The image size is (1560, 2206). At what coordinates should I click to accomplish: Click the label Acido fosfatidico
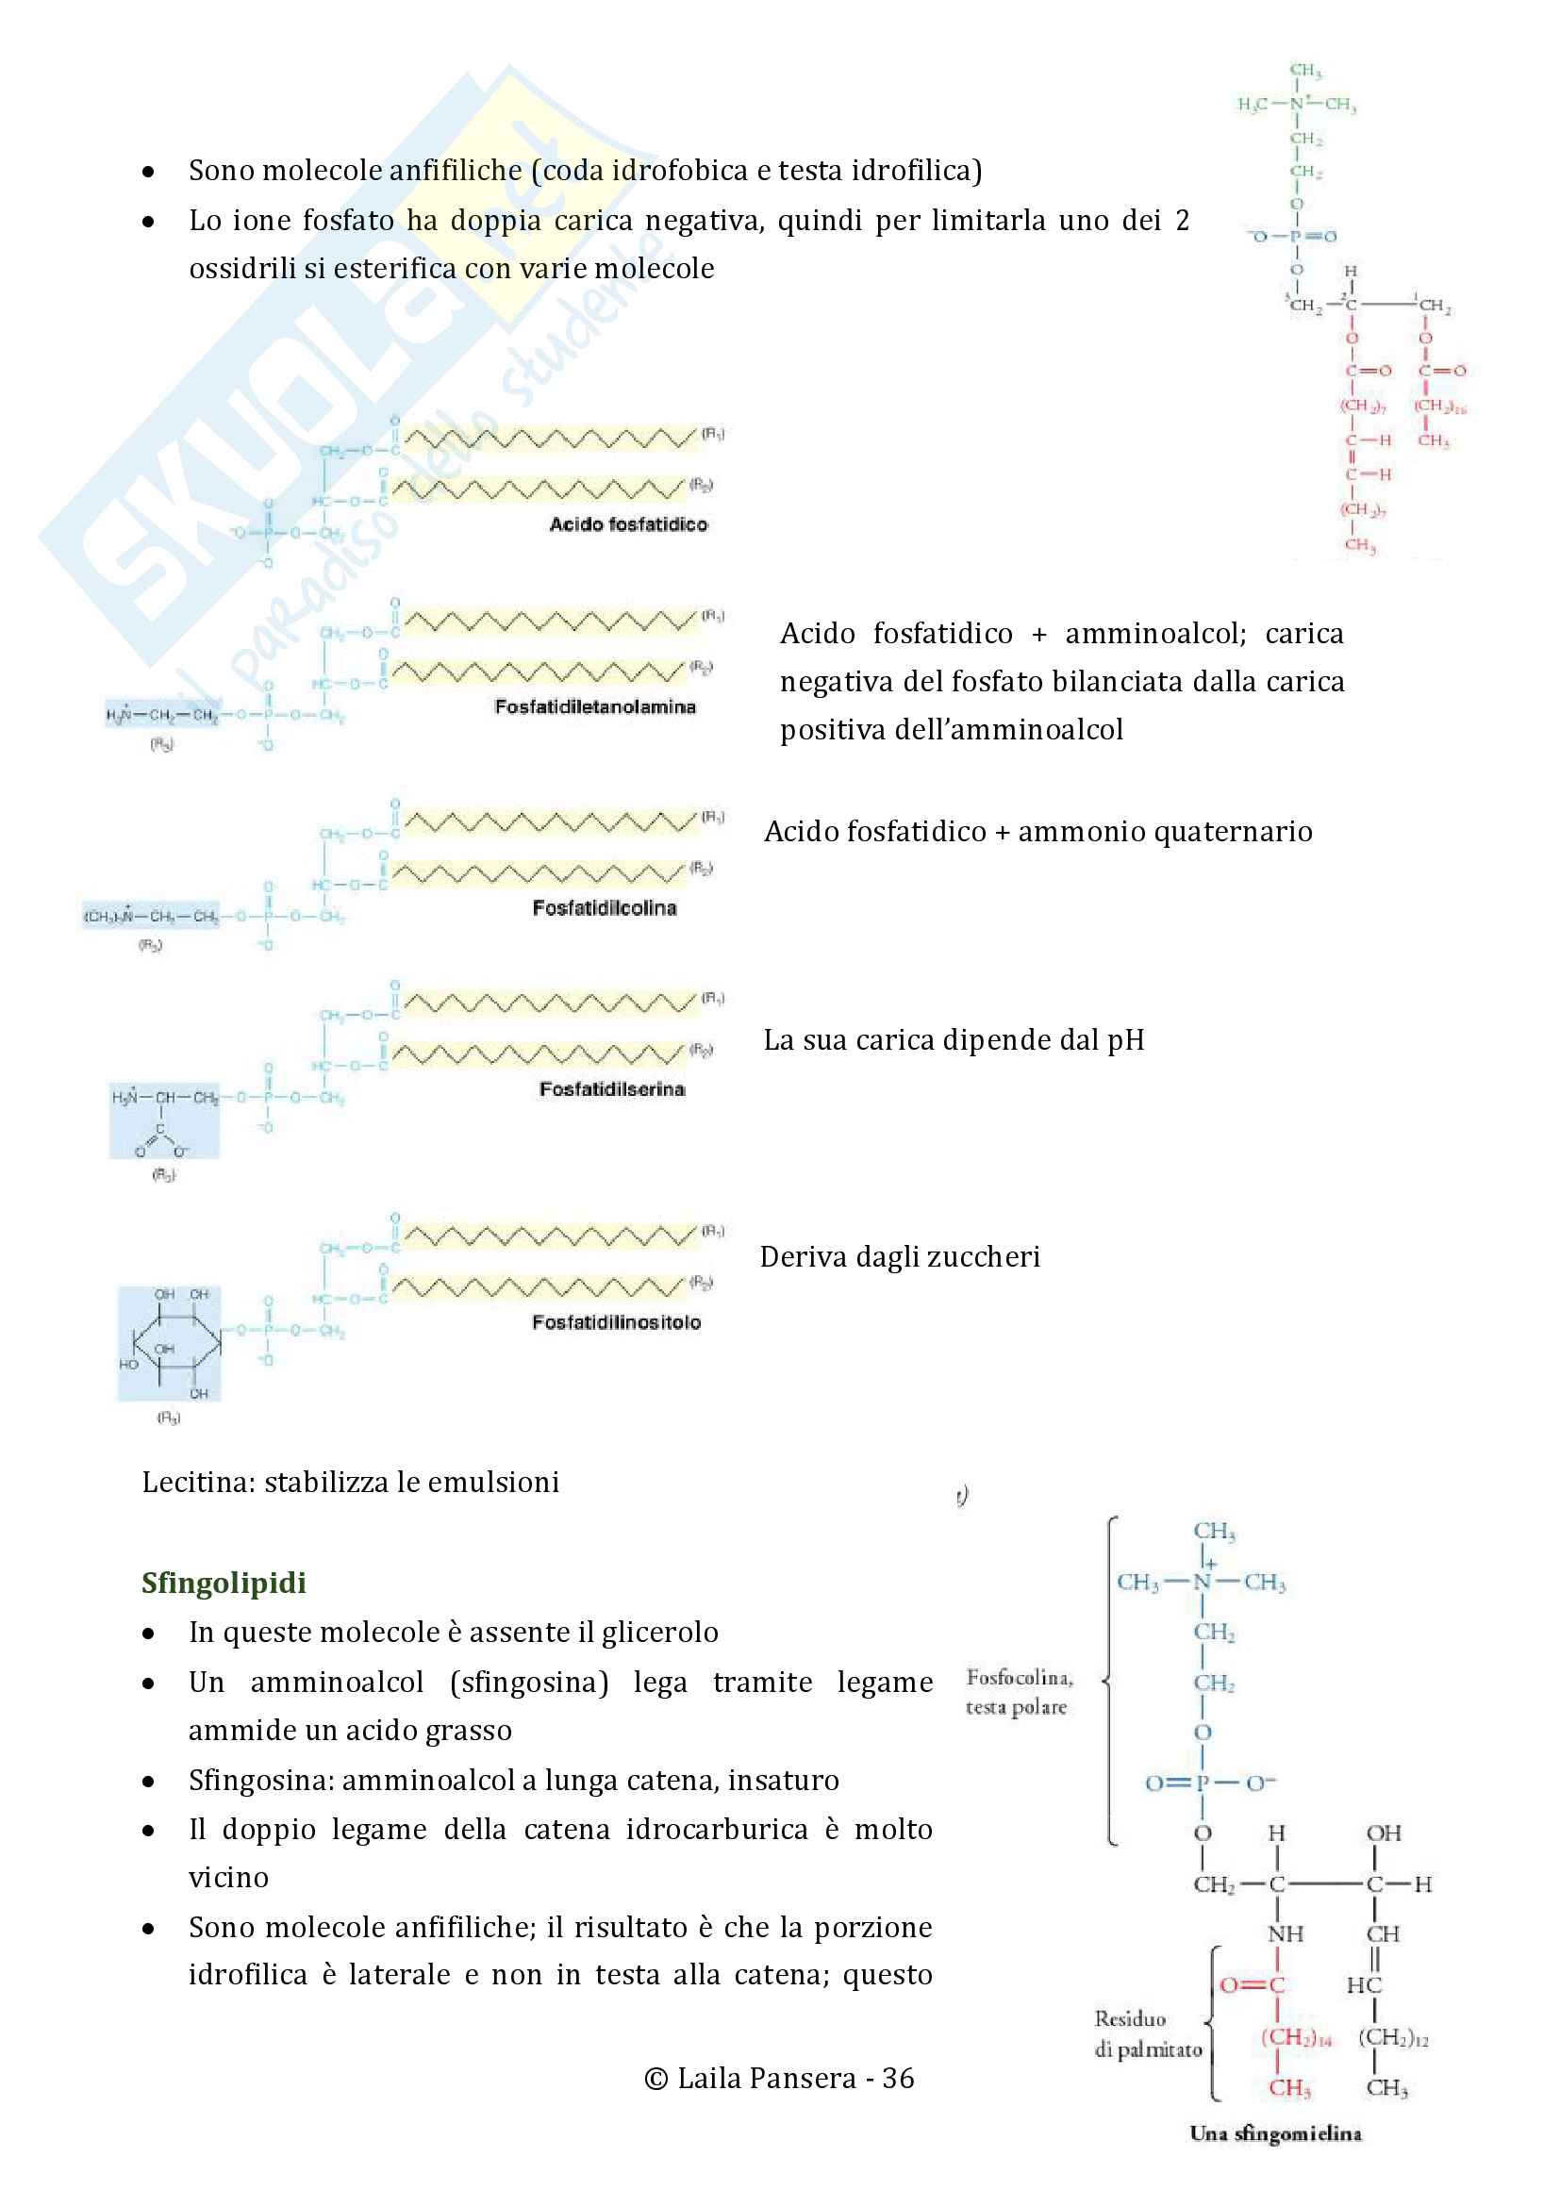click(628, 524)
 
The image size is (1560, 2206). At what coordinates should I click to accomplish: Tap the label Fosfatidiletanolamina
click(594, 707)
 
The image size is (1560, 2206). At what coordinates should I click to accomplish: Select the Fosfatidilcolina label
click(605, 908)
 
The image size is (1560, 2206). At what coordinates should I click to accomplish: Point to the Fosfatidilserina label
click(612, 1089)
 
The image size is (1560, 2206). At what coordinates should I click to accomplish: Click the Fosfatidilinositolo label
click(616, 1323)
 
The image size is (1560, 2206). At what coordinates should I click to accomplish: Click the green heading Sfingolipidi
click(223, 1584)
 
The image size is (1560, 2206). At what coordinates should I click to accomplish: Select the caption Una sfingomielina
click(1275, 2134)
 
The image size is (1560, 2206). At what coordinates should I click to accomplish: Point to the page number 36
click(898, 2079)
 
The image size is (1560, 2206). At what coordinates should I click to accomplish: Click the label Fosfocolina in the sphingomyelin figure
click(1019, 1678)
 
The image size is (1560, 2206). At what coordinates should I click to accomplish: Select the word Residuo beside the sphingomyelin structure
click(1130, 2018)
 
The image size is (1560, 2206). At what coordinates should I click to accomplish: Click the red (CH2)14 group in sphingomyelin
click(1295, 2037)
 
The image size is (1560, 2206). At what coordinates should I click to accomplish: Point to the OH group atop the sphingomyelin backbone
click(1384, 1833)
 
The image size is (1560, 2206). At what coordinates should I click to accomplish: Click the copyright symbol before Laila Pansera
click(656, 2080)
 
